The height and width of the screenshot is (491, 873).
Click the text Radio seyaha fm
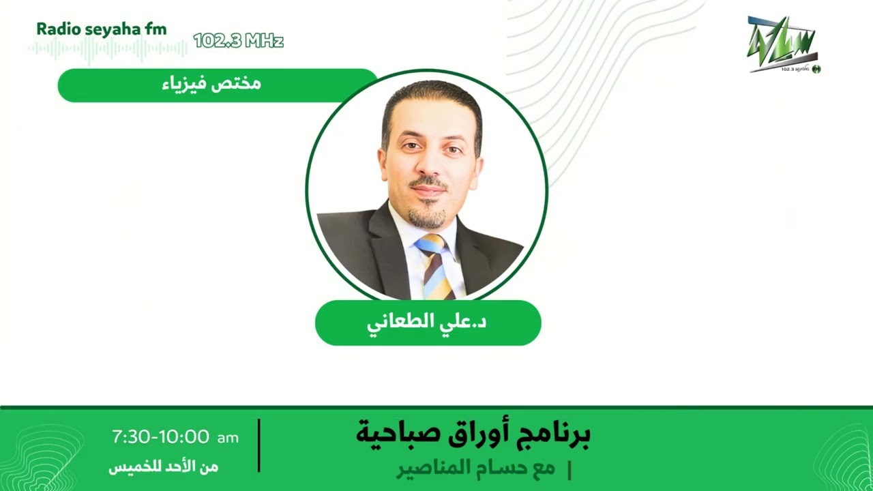coord(101,29)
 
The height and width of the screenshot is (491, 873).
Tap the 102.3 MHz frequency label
coord(238,41)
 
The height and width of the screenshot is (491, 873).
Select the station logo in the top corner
coord(784,44)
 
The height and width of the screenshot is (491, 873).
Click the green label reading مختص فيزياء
coord(217,85)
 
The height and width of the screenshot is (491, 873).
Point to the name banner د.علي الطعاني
coord(428,323)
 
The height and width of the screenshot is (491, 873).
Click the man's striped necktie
coord(436,266)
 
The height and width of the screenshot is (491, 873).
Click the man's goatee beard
coord(428,217)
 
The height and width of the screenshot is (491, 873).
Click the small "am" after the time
coord(228,438)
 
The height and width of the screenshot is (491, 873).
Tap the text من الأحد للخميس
coord(163,467)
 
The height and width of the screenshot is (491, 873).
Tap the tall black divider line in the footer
coord(259,445)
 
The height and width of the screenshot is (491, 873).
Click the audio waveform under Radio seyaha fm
coord(108,49)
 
